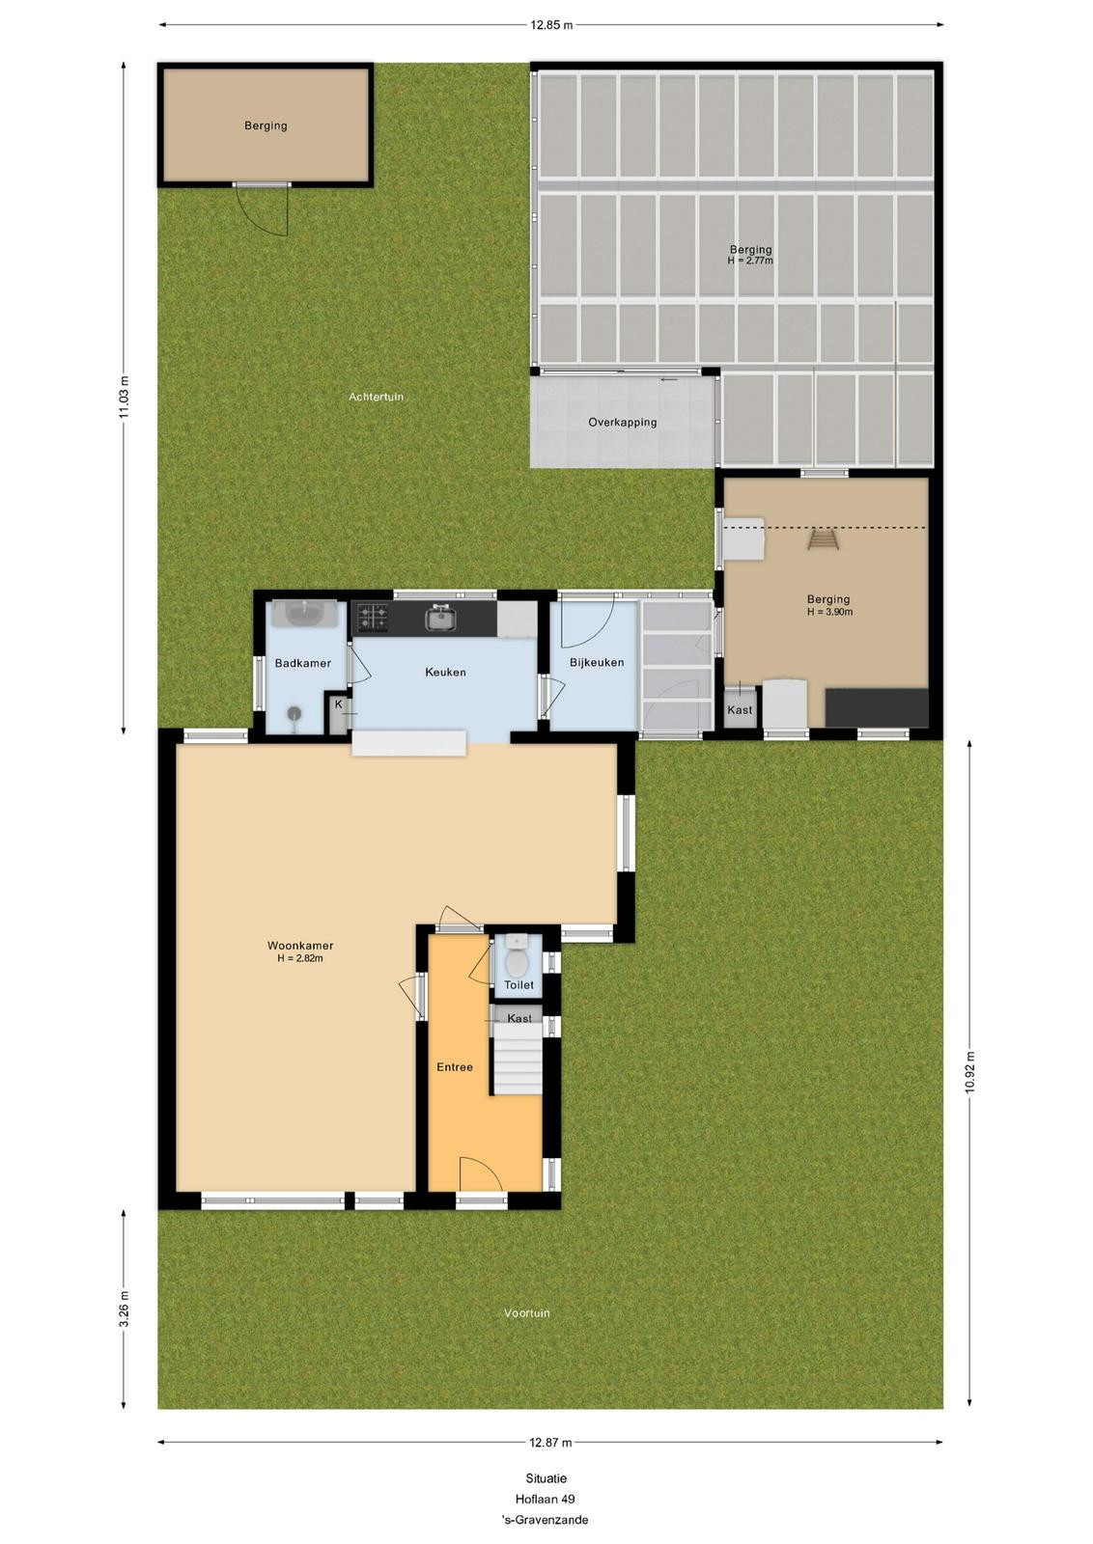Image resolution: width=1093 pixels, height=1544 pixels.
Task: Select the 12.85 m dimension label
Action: [551, 25]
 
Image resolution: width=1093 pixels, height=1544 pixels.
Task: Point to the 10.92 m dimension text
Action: [970, 1072]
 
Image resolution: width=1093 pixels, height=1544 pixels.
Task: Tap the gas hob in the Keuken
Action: [372, 617]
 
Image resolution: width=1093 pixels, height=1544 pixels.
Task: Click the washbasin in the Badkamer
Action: [304, 614]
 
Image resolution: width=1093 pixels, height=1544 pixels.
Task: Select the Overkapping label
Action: [622, 422]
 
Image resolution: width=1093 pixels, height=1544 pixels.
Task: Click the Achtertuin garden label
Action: [376, 397]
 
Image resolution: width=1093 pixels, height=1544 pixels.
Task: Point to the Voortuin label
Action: [527, 1313]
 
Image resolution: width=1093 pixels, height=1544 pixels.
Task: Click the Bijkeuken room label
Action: [597, 663]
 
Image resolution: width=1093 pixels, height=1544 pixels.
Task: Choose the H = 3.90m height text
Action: [829, 612]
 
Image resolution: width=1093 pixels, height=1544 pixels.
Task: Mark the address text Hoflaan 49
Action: [545, 1499]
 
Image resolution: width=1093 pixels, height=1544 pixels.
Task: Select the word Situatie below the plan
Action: [546, 1477]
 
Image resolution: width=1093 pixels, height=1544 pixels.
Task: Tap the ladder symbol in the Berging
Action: [823, 539]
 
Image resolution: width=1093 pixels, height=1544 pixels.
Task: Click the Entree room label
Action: [455, 1067]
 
